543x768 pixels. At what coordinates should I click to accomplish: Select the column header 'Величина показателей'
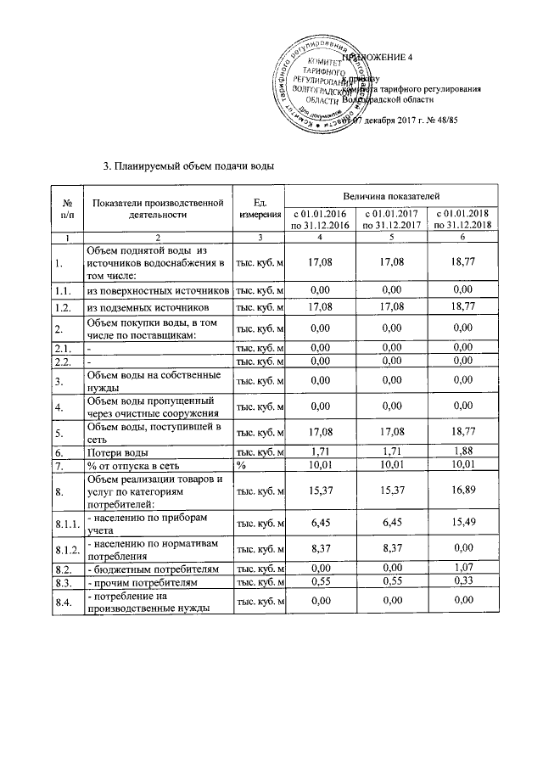click(x=391, y=197)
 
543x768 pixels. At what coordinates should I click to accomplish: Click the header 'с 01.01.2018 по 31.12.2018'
click(x=462, y=219)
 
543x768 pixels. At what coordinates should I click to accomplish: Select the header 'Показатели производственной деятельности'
click(x=158, y=208)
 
